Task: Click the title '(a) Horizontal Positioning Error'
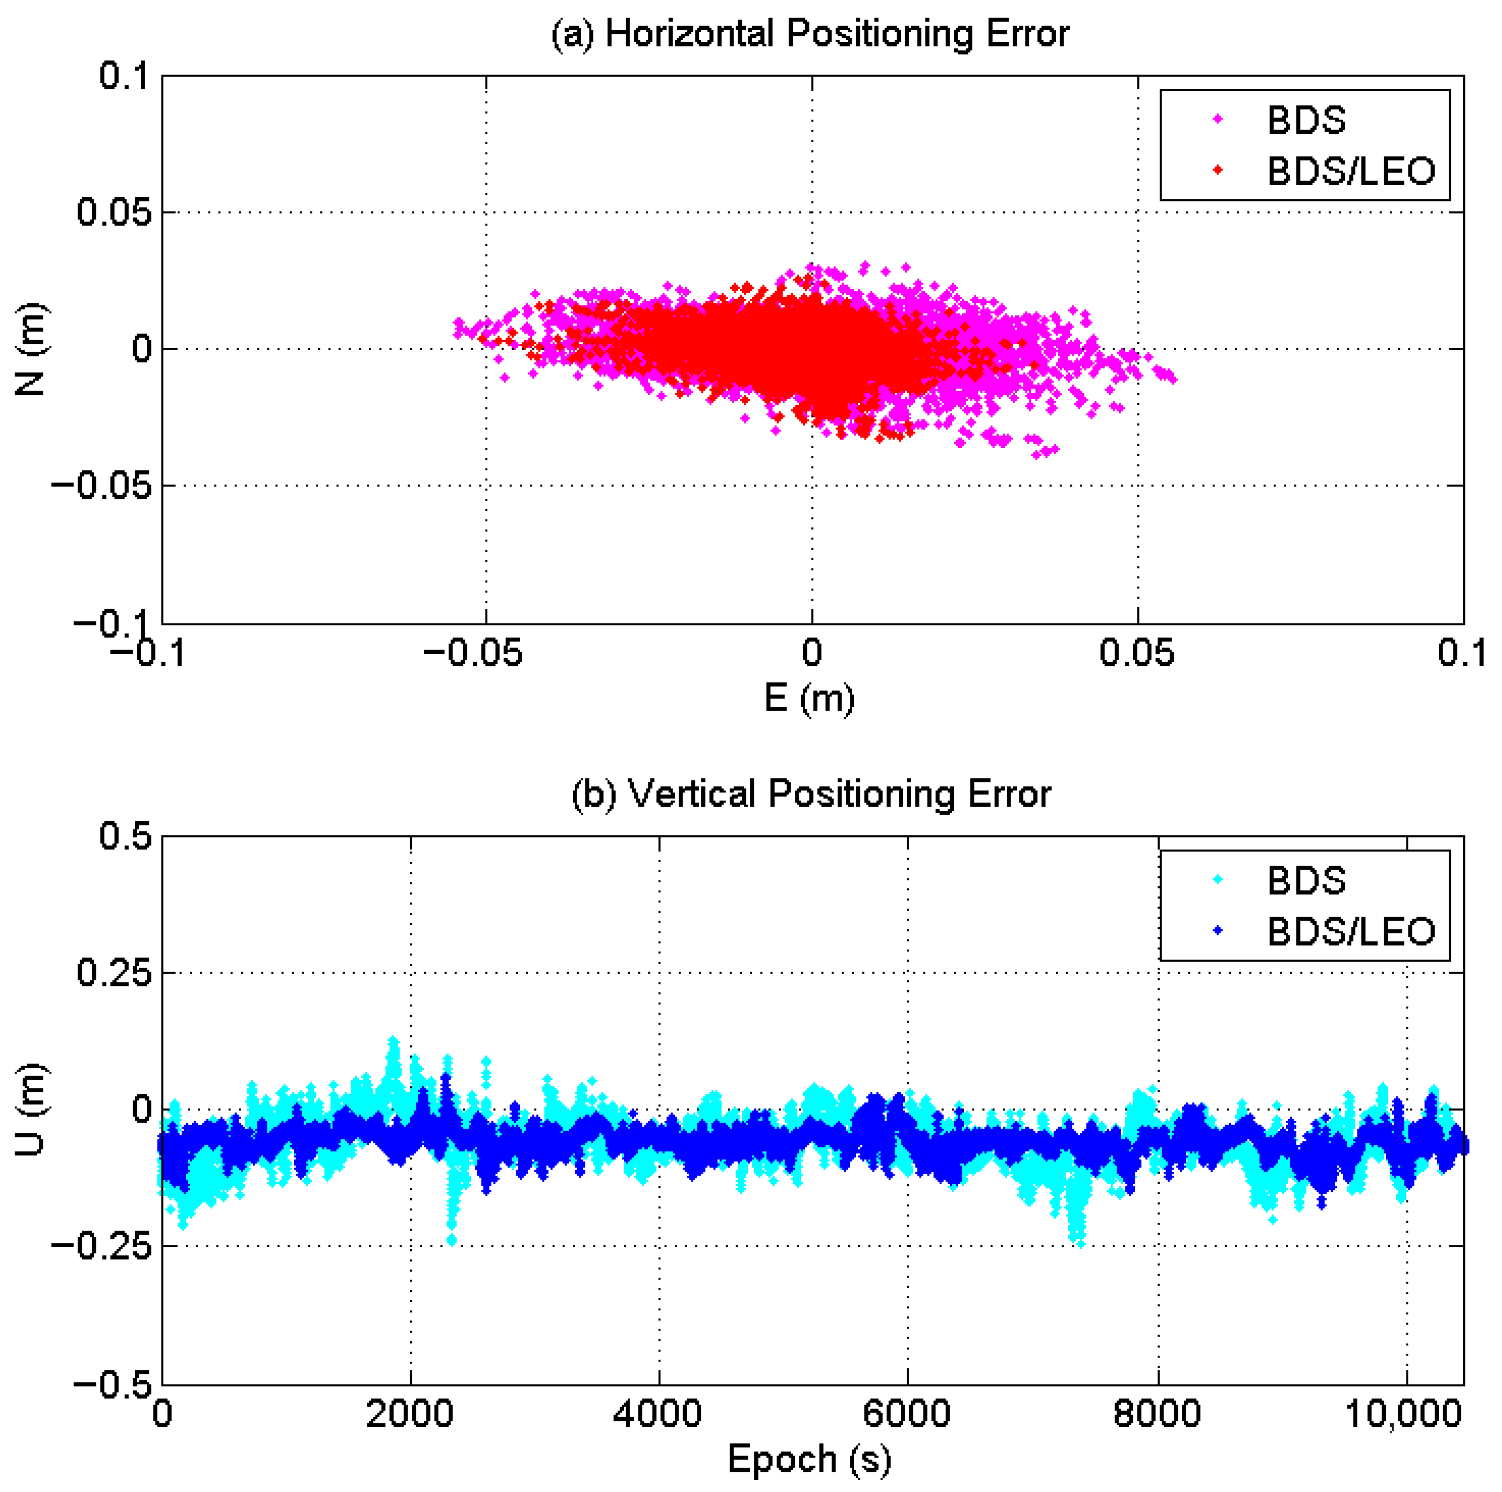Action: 810,35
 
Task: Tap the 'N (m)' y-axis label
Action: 31,349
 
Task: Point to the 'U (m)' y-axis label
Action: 31,1109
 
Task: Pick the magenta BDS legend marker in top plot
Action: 1218,119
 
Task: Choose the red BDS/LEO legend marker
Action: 1218,170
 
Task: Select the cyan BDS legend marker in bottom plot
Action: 1218,879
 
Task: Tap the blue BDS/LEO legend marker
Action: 1218,930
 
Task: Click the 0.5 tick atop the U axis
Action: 125,837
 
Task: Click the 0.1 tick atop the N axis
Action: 125,76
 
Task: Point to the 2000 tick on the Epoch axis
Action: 410,1413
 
